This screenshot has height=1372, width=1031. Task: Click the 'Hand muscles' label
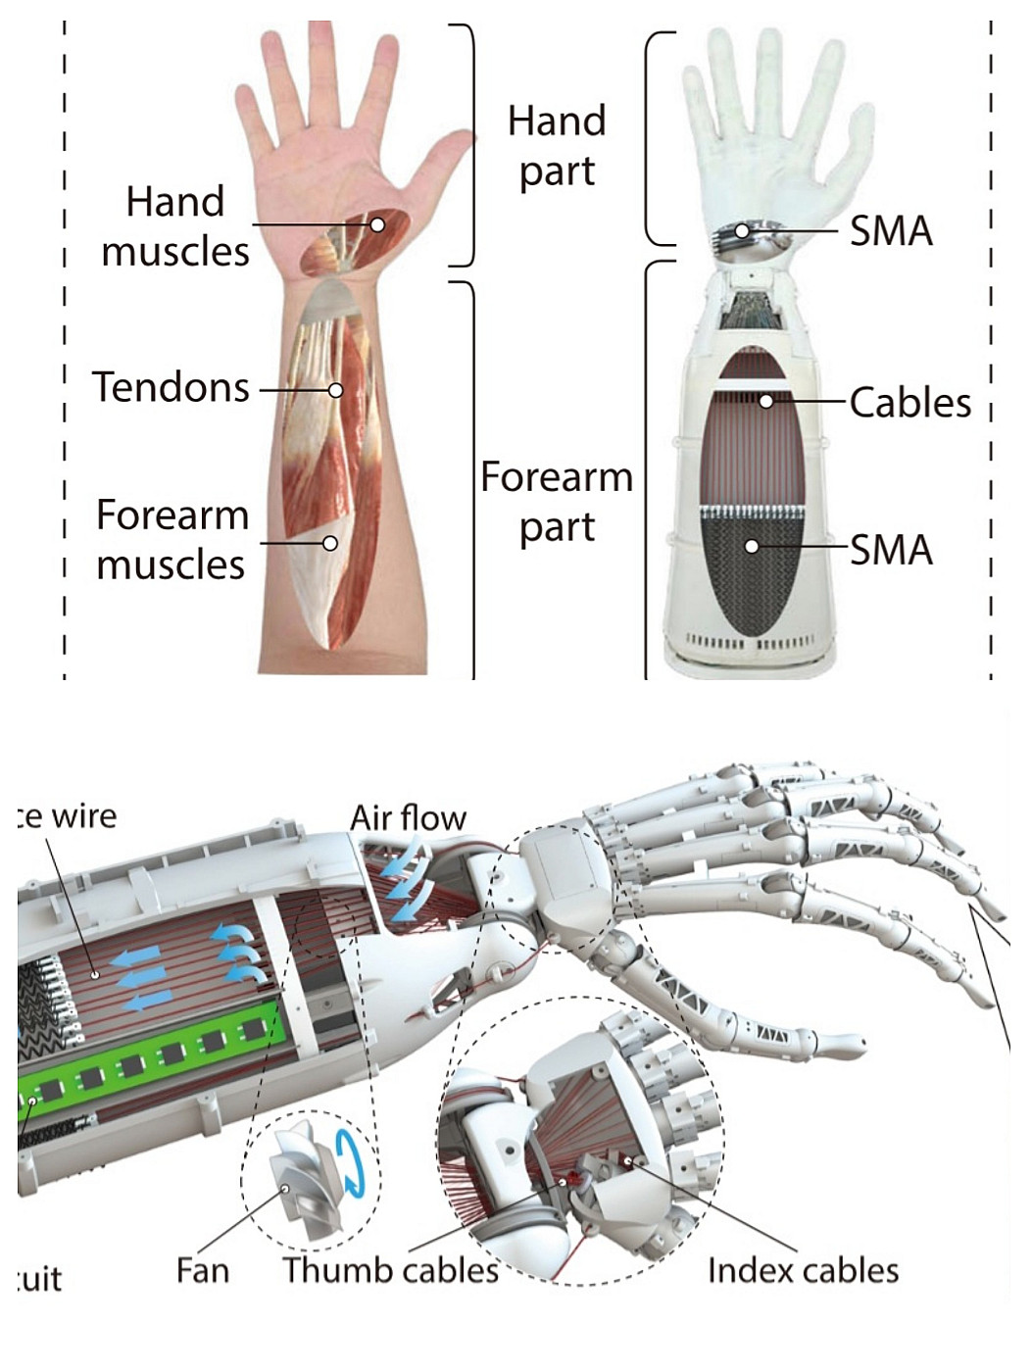click(175, 226)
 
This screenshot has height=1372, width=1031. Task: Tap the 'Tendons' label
click(172, 387)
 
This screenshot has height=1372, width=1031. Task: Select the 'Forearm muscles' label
click(172, 540)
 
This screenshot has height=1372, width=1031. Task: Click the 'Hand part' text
click(557, 146)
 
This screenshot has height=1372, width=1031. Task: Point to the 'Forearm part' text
click(557, 502)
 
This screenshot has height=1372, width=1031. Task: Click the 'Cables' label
click(909, 402)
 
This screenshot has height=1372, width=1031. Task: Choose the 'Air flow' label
click(408, 817)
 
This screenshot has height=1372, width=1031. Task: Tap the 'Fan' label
click(203, 1270)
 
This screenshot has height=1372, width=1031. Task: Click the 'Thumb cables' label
click(390, 1270)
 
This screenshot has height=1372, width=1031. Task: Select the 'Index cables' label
click(803, 1270)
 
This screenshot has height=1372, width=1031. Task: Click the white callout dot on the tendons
click(335, 390)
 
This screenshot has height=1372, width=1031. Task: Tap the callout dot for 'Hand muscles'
click(377, 224)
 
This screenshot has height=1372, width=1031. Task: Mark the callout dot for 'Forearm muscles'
click(330, 543)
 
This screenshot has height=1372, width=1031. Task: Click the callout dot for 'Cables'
click(766, 401)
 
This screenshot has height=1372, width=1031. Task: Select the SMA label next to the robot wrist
click(890, 231)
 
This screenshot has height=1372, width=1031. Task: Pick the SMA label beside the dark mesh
click(890, 550)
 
